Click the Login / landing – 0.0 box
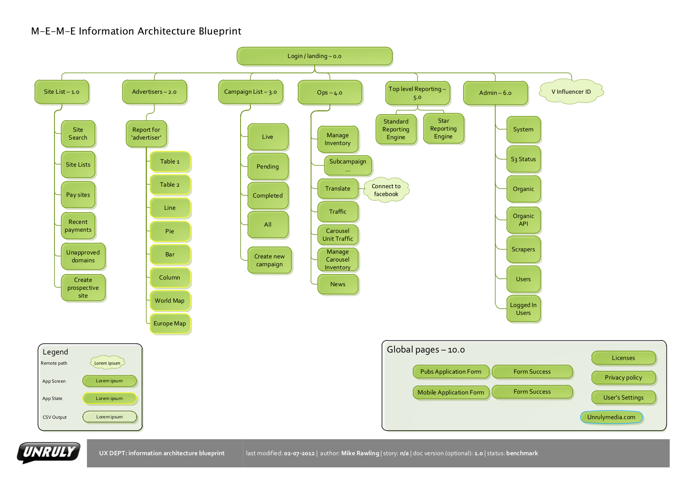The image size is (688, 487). (314, 56)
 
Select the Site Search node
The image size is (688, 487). (78, 134)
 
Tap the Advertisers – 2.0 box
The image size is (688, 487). (154, 92)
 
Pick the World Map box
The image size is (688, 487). (170, 301)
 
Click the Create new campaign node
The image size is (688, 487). (269, 260)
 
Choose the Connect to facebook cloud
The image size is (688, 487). (386, 190)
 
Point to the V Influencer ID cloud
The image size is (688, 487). (571, 92)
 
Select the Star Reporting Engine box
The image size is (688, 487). (443, 129)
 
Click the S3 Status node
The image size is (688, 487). (523, 159)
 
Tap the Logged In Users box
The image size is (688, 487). (523, 309)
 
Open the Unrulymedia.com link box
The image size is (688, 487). (611, 417)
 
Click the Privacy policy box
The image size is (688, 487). (623, 378)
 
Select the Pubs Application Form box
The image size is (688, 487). (451, 372)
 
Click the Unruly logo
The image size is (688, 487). (49, 452)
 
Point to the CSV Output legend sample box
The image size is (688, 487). (109, 417)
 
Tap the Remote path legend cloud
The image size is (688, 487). (107, 363)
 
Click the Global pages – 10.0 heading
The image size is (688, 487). (425, 350)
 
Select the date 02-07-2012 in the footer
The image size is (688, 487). (299, 453)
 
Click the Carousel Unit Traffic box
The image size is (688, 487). (338, 235)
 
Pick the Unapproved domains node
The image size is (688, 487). (83, 256)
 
